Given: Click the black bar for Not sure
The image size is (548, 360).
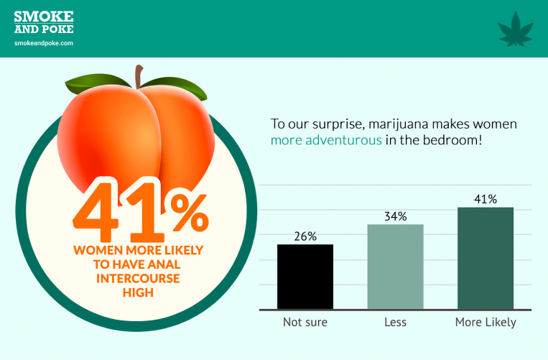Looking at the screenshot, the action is click(305, 277).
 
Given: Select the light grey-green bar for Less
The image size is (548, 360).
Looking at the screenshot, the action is click(395, 267).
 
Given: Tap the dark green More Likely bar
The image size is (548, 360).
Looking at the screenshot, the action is click(486, 258).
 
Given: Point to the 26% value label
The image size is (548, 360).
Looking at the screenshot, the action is click(305, 236).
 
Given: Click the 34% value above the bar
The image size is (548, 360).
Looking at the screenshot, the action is click(395, 217).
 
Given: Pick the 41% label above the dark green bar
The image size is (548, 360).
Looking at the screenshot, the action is click(486, 199).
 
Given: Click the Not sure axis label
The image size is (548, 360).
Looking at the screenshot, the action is click(305, 322).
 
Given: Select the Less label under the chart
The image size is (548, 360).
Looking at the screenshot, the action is click(395, 322).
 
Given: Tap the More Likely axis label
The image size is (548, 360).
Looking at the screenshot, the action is click(486, 322).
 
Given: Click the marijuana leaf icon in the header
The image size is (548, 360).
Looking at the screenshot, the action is click(516, 29).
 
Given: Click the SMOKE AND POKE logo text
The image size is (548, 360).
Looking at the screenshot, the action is click(44, 22).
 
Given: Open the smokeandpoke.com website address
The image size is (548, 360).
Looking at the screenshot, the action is click(44, 43).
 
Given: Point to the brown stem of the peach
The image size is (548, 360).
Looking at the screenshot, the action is click(139, 77).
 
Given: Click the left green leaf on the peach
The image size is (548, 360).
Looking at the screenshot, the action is click(97, 83).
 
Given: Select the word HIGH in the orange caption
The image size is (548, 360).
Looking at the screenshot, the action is click(138, 292).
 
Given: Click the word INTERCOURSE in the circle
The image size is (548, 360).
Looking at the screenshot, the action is click(138, 279).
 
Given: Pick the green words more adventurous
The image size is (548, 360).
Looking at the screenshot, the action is click(326, 140).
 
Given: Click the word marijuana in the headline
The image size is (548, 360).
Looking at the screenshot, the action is click(398, 124).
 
